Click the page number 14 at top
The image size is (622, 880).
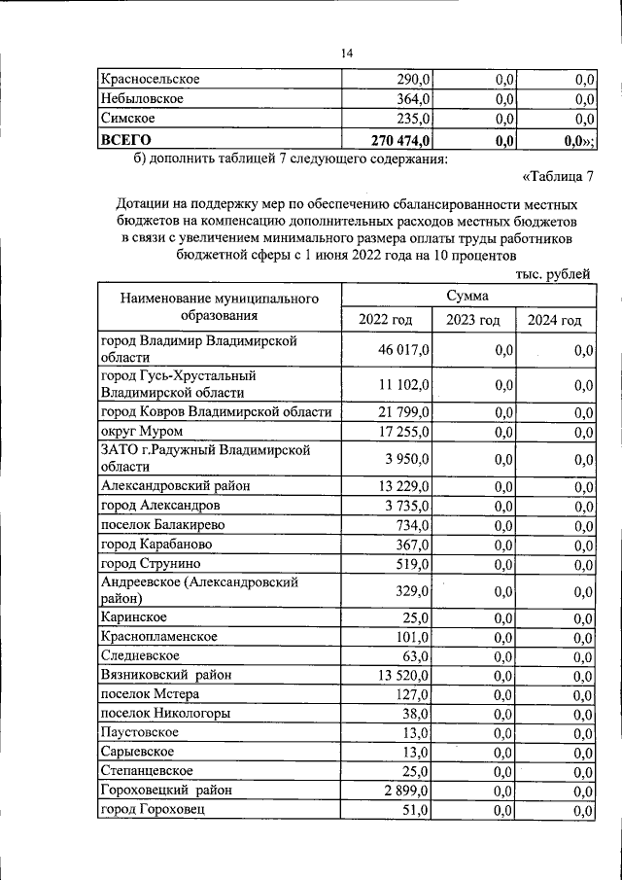pos(346,53)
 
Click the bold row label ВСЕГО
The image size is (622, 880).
pos(126,140)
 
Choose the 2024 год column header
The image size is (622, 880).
pos(554,321)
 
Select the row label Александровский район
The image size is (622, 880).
pos(177,487)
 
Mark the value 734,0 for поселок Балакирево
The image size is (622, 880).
pos(413,525)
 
